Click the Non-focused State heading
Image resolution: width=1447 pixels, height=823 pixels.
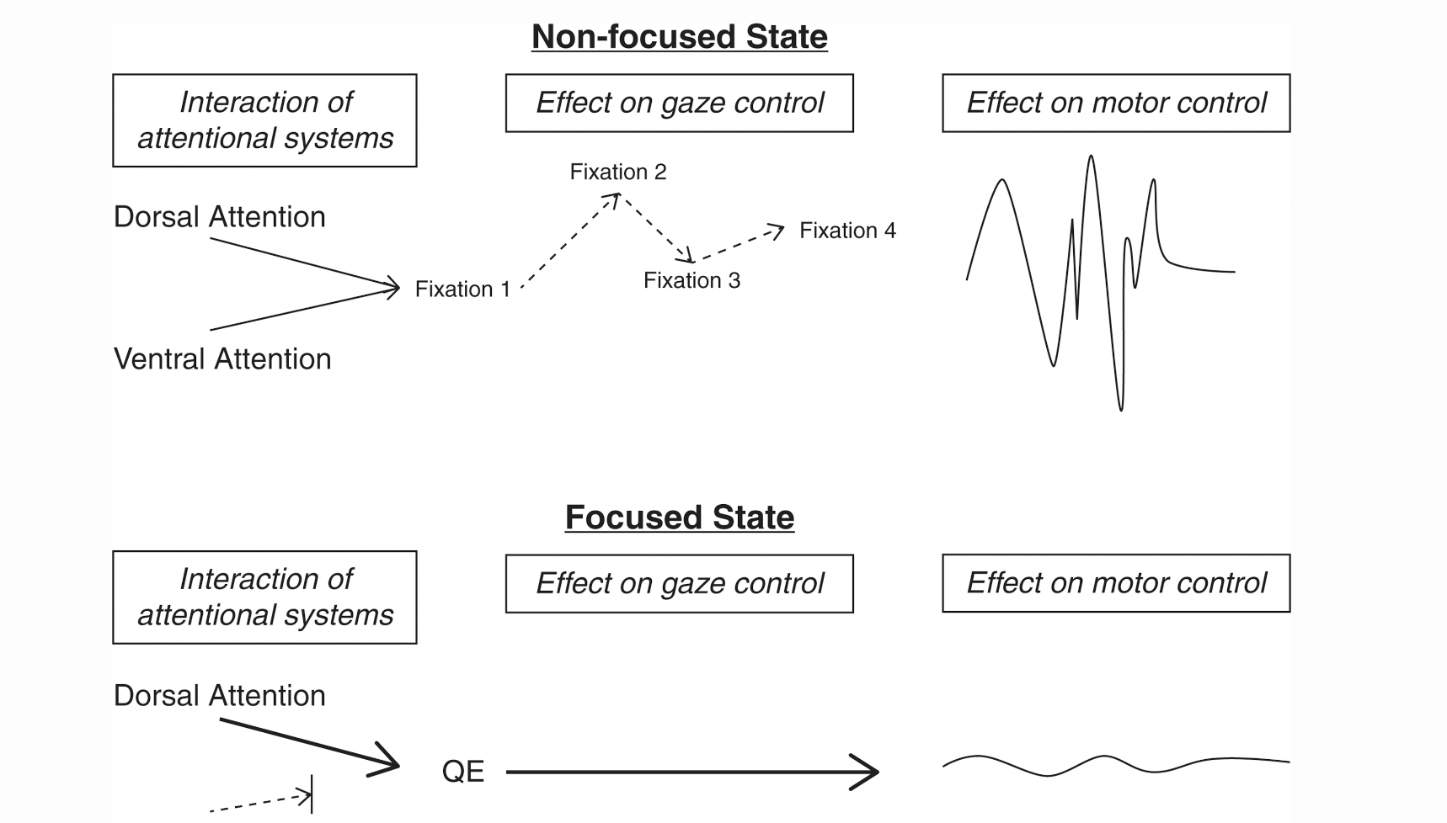[x=679, y=37]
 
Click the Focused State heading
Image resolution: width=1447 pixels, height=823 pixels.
[x=679, y=517]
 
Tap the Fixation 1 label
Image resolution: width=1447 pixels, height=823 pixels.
[x=462, y=289]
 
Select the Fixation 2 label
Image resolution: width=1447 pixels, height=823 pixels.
[x=617, y=172]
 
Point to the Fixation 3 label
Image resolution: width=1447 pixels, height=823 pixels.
[x=691, y=280]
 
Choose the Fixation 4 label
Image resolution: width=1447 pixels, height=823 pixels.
[x=847, y=231]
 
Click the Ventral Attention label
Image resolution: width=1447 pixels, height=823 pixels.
[x=222, y=359]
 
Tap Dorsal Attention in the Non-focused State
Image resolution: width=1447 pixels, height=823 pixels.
[x=219, y=217]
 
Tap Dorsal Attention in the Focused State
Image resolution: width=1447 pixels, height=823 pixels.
[x=219, y=696]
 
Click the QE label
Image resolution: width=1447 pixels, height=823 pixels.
[x=463, y=772]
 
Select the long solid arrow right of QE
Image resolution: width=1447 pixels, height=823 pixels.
[x=691, y=771]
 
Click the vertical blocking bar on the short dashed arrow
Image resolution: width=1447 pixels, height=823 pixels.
[x=312, y=794]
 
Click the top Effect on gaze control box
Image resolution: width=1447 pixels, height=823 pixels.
[x=679, y=103]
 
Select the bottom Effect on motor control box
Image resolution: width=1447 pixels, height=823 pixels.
[x=1115, y=582]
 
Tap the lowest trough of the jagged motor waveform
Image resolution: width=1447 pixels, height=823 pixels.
[x=1120, y=409]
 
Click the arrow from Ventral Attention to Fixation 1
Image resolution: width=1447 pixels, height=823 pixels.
[x=303, y=309]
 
